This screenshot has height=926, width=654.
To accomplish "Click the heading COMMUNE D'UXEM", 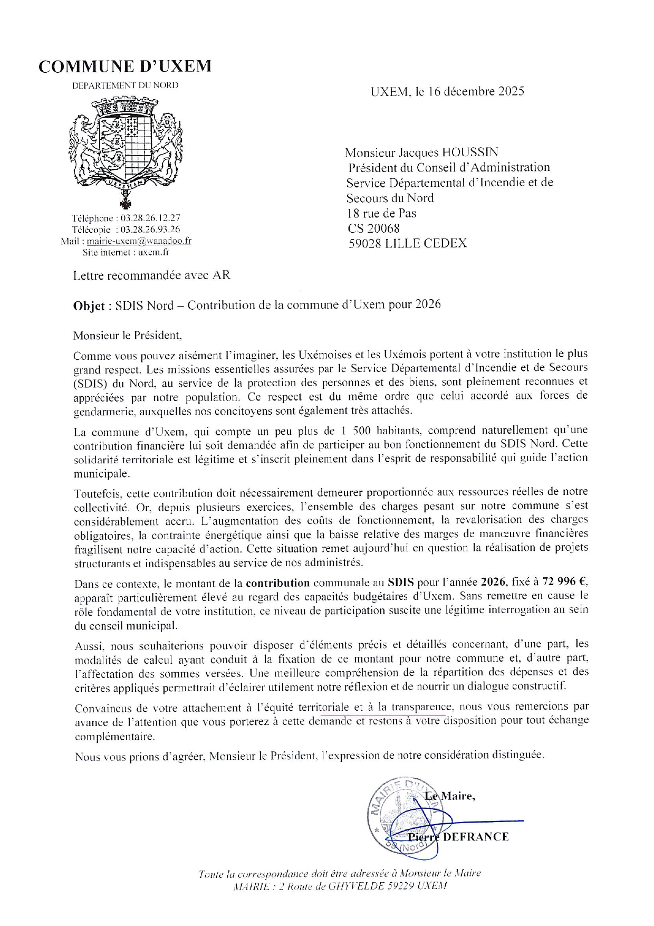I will [x=125, y=66].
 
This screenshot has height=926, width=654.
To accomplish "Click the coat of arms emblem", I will [x=125, y=150].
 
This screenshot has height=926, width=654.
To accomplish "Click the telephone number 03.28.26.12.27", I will [x=150, y=218].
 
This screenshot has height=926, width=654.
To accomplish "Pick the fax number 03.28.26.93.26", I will [x=150, y=230].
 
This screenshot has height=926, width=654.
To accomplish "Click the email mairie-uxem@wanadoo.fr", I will [x=139, y=241].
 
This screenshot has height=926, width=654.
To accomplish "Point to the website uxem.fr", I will [x=153, y=253].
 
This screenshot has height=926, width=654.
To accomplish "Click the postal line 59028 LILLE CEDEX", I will [x=408, y=243].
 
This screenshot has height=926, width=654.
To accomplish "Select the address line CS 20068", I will [x=373, y=228].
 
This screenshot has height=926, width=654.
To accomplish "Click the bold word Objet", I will [x=92, y=306].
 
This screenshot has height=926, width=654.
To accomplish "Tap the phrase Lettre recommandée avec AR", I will [x=152, y=275].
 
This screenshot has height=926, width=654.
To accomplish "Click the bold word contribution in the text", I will [x=278, y=583].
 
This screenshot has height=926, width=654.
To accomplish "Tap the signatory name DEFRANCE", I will [x=476, y=837].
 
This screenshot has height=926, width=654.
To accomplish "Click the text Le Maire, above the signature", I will [x=450, y=796].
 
